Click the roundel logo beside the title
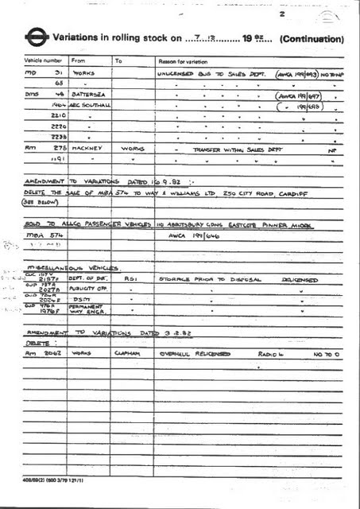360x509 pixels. pos(36,37)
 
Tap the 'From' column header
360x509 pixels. pos(79,60)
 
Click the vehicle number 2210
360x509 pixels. pos(57,116)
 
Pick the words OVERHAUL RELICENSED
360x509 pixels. pos(195,352)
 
